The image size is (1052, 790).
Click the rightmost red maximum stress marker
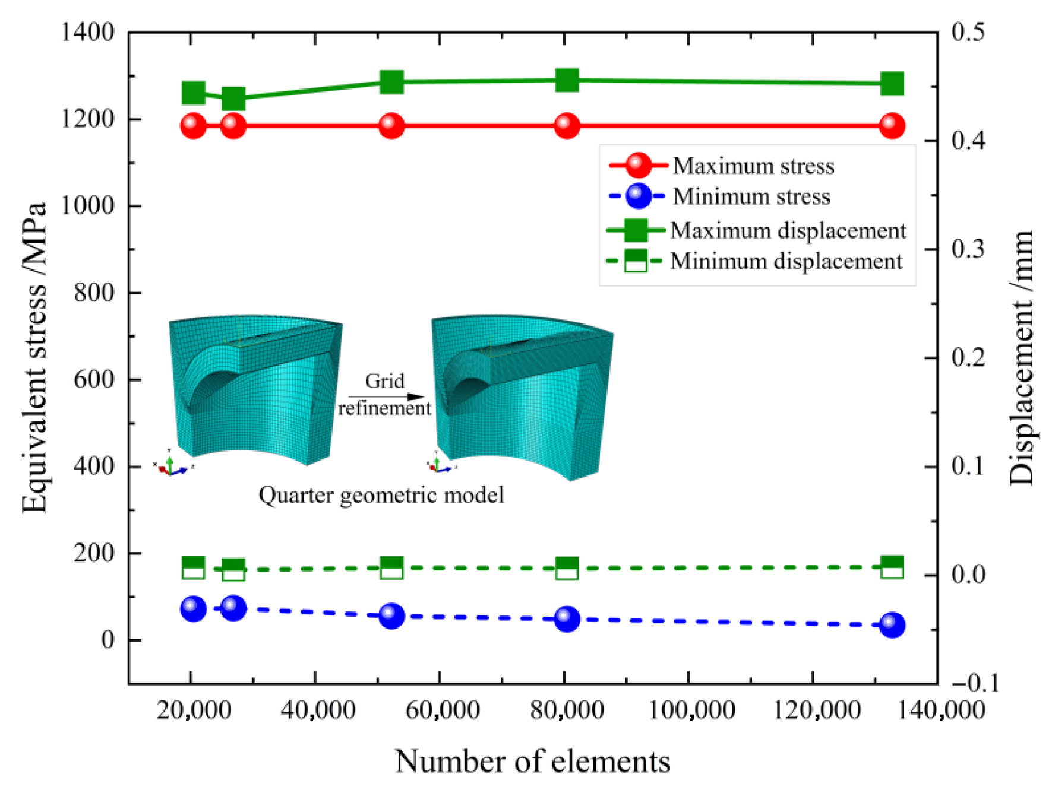[892, 126]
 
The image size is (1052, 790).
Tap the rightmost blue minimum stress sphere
[892, 625]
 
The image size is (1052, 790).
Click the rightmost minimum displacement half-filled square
[892, 567]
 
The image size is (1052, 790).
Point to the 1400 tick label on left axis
[88, 32]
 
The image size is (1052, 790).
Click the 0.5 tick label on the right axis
[968, 32]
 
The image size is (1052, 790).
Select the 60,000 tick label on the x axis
[442, 710]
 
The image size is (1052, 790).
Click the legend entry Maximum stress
[753, 166]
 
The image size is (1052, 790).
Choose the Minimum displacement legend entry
[786, 261]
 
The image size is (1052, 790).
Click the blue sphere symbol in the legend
[638, 196]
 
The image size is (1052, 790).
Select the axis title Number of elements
[532, 762]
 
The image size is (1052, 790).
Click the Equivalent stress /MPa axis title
[34, 358]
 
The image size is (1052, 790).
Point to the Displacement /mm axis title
[1022, 358]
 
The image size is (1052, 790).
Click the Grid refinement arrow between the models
[386, 396]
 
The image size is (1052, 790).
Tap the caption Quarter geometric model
[381, 495]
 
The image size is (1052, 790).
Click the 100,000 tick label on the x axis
[691, 710]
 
